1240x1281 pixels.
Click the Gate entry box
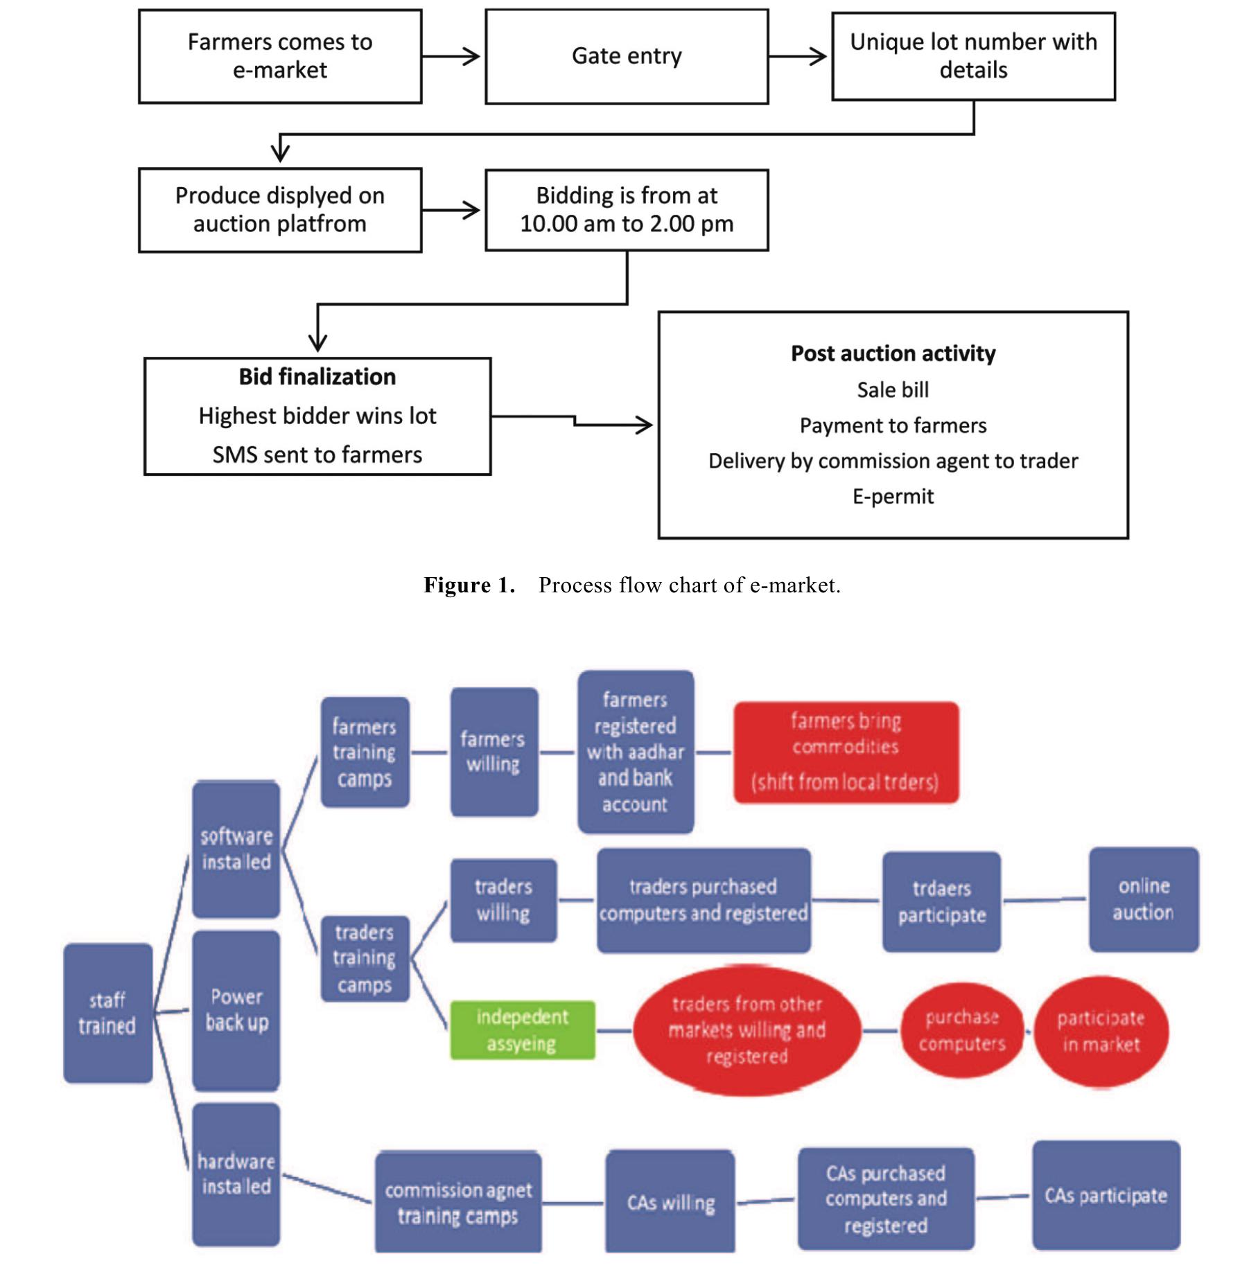pyautogui.click(x=627, y=56)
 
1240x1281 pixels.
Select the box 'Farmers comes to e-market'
pyautogui.click(x=280, y=56)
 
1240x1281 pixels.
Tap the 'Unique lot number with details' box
pyautogui.click(x=973, y=56)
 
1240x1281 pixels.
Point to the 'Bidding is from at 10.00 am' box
pyautogui.click(x=627, y=210)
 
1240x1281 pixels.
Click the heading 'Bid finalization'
pyautogui.click(x=317, y=377)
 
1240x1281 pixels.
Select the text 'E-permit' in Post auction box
pyautogui.click(x=893, y=496)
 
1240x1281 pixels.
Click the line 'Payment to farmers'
pyautogui.click(x=893, y=425)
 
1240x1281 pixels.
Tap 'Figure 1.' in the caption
pyautogui.click(x=469, y=585)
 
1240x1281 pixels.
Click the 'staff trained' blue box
pyautogui.click(x=107, y=1013)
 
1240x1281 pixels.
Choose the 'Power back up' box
pyautogui.click(x=236, y=1010)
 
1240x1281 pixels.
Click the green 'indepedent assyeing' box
pyautogui.click(x=522, y=1030)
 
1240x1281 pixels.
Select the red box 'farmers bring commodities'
pyautogui.click(x=846, y=752)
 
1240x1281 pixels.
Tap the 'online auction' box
pyautogui.click(x=1143, y=899)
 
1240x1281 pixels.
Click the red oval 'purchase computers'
pyautogui.click(x=961, y=1030)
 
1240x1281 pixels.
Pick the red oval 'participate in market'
pyautogui.click(x=1101, y=1032)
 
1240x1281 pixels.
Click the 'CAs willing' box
pyautogui.click(x=670, y=1203)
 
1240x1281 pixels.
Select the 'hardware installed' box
pyautogui.click(x=236, y=1174)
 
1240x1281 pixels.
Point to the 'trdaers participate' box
pyautogui.click(x=941, y=902)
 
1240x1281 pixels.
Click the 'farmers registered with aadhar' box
pyautogui.click(x=635, y=752)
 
